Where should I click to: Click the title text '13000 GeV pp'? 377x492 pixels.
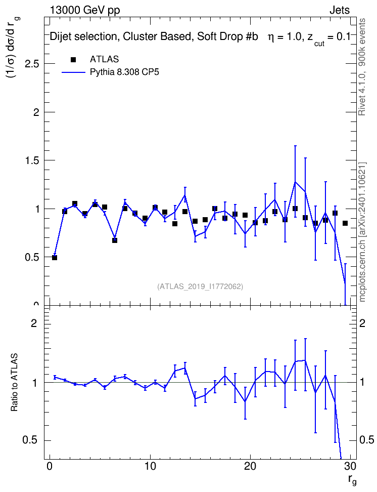pyautogui.click(x=84, y=10)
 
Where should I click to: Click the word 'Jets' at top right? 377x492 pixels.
pyautogui.click(x=340, y=10)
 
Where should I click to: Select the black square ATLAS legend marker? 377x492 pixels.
pyautogui.click(x=73, y=60)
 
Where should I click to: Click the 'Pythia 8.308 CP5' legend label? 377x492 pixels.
pyautogui.click(x=124, y=72)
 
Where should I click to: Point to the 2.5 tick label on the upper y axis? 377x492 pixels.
pyautogui.click(x=32, y=64)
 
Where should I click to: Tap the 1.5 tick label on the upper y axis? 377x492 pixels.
pyautogui.click(x=32, y=160)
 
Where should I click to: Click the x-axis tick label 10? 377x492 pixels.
pyautogui.click(x=150, y=466)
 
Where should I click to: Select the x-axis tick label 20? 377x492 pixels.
pyautogui.click(x=250, y=466)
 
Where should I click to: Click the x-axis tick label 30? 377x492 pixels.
pyautogui.click(x=350, y=466)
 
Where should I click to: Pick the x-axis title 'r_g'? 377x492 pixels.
pyautogui.click(x=352, y=480)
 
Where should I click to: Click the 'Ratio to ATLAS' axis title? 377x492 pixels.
pyautogui.click(x=14, y=382)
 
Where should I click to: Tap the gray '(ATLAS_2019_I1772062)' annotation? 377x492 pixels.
pyautogui.click(x=200, y=286)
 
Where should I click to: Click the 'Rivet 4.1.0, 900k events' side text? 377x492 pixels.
pyautogui.click(x=362, y=67)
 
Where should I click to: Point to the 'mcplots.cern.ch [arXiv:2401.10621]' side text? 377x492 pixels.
pyautogui.click(x=362, y=231)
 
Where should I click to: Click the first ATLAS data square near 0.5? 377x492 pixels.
pyautogui.click(x=55, y=258)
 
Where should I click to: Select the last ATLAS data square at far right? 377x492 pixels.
pyautogui.click(x=345, y=223)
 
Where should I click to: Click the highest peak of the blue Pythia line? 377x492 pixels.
pyautogui.click(x=295, y=182)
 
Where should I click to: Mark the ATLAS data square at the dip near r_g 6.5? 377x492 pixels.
pyautogui.click(x=115, y=240)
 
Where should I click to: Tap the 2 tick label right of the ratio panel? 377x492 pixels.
pyautogui.click(x=362, y=323)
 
